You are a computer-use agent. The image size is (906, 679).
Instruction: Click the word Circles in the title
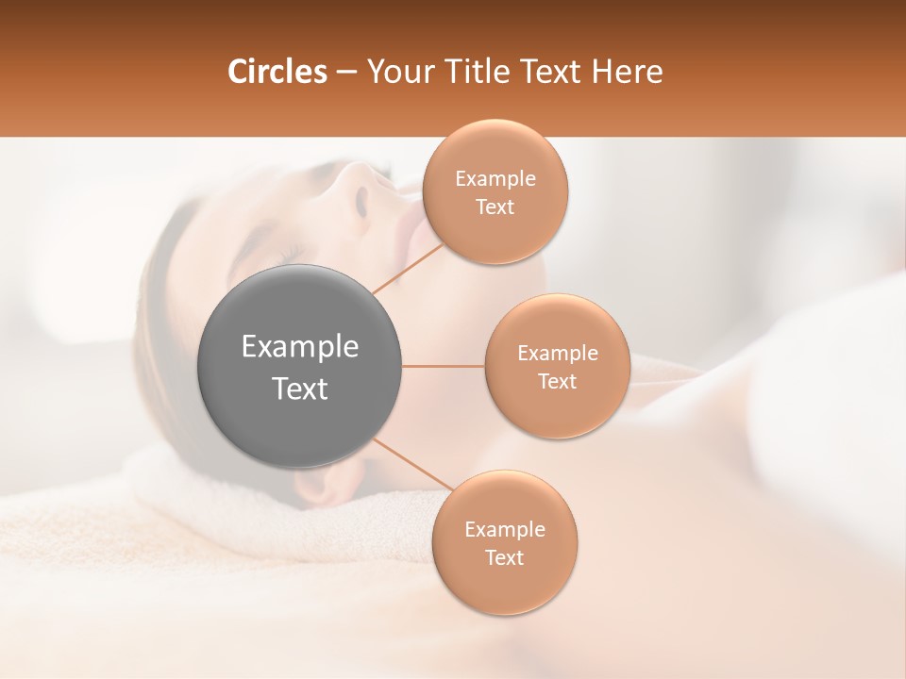point(277,72)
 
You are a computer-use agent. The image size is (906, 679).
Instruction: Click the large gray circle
point(300,366)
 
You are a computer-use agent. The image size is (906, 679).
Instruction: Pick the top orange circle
point(495,191)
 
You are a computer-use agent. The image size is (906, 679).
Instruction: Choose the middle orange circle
point(557,366)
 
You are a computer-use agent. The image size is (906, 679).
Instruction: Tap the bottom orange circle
point(504,542)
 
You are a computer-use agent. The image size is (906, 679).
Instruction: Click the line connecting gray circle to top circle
point(408,269)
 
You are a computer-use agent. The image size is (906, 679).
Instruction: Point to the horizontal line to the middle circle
point(444,366)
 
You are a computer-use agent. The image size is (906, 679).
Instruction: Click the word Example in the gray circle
point(300,347)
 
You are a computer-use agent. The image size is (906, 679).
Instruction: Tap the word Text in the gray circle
point(300,389)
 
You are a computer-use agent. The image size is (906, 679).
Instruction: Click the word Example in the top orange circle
point(495,178)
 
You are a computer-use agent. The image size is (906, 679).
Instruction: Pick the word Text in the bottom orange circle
point(504,557)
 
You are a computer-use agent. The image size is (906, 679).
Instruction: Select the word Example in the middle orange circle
point(558,353)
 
